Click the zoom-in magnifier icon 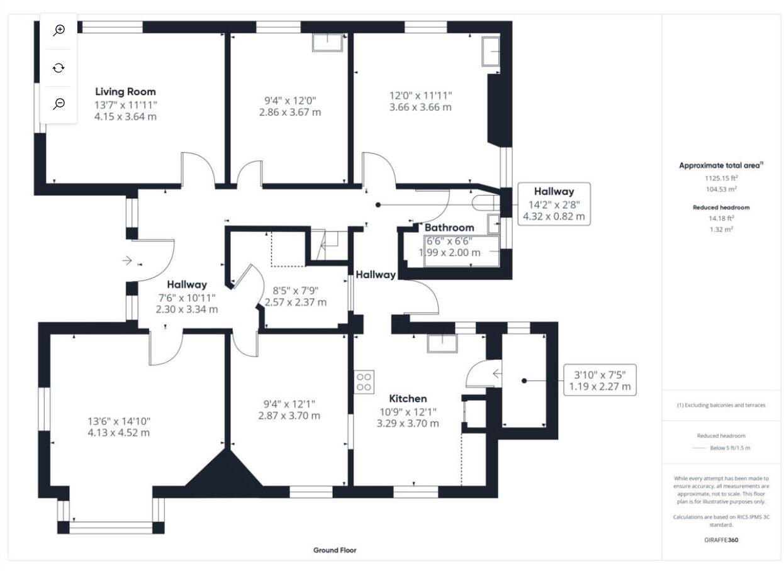[x=59, y=30]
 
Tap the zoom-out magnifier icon [x=59, y=104]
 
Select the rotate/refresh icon [x=59, y=68]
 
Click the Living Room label [x=125, y=92]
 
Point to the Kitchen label [x=408, y=399]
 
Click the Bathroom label [x=449, y=228]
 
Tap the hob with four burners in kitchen [x=364, y=382]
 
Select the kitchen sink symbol [x=442, y=343]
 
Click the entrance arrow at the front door [x=128, y=260]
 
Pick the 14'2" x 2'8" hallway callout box [x=554, y=204]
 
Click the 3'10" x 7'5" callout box [x=600, y=380]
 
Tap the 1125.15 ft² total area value [x=721, y=178]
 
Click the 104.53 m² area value [x=721, y=189]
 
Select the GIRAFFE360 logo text [x=721, y=540]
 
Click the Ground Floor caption [x=335, y=550]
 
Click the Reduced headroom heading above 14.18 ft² [x=721, y=207]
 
